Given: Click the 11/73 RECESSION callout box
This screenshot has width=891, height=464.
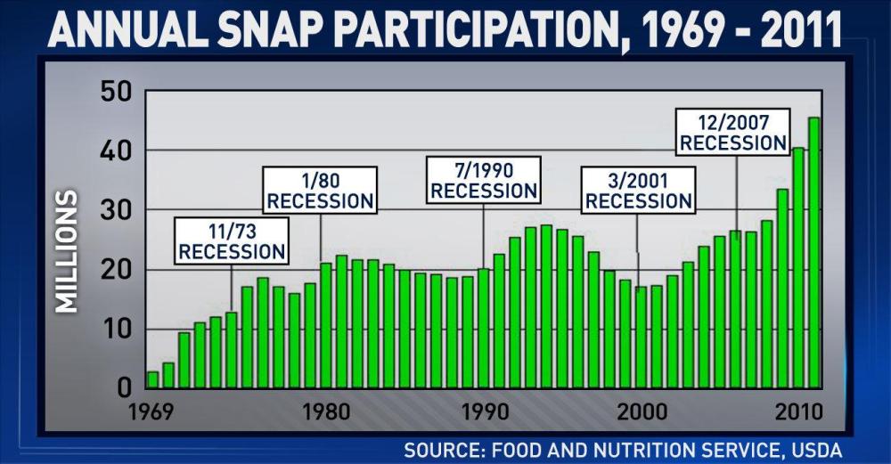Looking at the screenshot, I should pyautogui.click(x=232, y=241).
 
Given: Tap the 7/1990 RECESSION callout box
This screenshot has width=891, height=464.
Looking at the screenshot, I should pyautogui.click(x=483, y=181).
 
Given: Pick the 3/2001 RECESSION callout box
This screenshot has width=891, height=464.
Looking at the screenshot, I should pyautogui.click(x=638, y=191).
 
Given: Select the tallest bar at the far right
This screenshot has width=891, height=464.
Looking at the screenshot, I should pyautogui.click(x=814, y=253).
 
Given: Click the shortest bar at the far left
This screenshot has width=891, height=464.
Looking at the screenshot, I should pyautogui.click(x=152, y=380).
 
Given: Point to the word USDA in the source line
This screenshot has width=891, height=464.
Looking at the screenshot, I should pyautogui.click(x=819, y=450).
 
